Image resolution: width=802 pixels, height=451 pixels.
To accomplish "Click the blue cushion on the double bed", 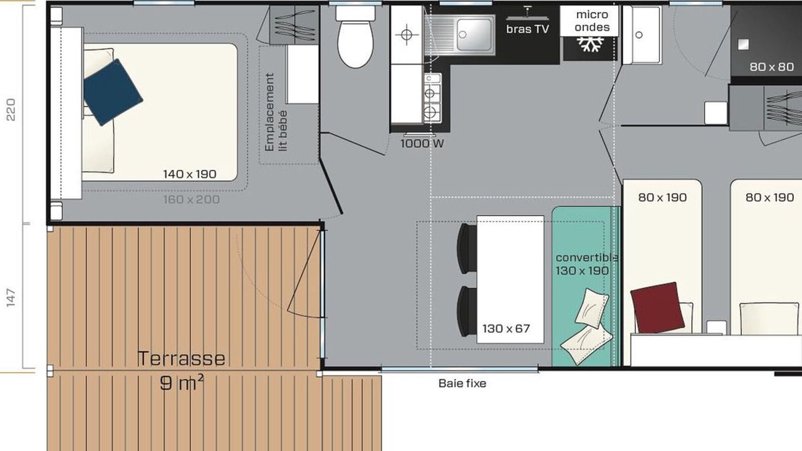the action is (113, 92).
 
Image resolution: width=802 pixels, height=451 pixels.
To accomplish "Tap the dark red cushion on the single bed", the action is (657, 308).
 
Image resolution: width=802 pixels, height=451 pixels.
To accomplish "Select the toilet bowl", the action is (355, 44).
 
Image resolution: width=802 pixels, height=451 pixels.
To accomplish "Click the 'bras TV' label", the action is (528, 29).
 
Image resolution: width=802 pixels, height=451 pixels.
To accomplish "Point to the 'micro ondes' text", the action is (592, 21).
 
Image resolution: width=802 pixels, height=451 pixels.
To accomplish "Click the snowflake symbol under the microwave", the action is (590, 44).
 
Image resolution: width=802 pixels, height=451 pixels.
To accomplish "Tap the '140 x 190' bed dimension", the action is (190, 174).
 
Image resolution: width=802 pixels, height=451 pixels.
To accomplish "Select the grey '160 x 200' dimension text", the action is (192, 200).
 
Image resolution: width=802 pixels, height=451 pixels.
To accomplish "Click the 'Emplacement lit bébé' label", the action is (276, 112).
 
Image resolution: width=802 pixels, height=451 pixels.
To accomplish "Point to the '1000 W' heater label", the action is (422, 144).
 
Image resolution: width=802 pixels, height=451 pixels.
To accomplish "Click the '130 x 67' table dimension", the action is (506, 329).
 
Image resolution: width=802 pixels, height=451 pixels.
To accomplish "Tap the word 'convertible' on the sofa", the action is (586, 257).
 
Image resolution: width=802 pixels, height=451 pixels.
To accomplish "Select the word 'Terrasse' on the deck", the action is (182, 359).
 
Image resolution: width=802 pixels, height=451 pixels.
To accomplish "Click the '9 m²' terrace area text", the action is (182, 383).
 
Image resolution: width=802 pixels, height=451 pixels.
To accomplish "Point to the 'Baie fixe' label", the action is (462, 384).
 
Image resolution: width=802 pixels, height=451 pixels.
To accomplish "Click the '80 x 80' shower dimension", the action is (771, 67).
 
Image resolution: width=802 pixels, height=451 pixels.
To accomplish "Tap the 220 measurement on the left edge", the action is (11, 110).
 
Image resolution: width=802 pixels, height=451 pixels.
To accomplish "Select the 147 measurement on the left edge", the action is (11, 298).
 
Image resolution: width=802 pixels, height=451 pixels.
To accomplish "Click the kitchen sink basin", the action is (474, 34).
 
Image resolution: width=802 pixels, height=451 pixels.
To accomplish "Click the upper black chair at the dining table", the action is (467, 249).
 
